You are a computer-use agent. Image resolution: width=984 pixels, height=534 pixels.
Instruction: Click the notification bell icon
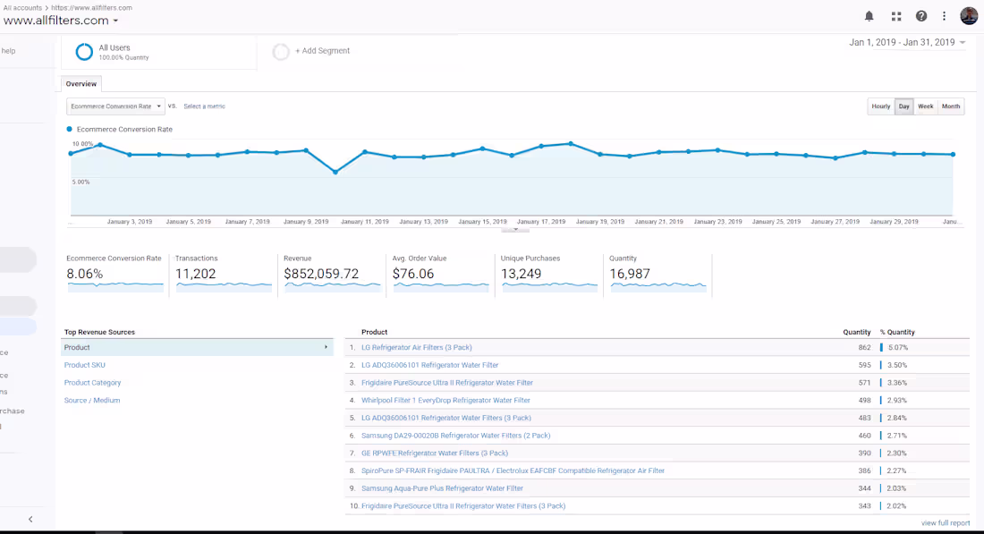point(869,16)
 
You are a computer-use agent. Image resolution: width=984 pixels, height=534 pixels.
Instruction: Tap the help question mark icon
point(921,16)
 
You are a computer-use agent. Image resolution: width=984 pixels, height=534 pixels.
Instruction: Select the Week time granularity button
point(925,106)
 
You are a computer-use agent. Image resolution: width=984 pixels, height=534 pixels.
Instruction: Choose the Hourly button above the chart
point(881,106)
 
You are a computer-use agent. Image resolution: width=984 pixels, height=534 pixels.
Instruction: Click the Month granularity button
point(951,106)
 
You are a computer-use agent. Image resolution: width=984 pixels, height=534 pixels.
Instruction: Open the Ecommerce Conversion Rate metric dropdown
point(115,106)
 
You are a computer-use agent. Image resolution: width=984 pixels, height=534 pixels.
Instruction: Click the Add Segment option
point(323,51)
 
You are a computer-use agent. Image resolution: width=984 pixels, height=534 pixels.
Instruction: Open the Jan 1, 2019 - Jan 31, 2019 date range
point(907,43)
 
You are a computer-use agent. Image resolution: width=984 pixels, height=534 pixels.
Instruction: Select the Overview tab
point(81,84)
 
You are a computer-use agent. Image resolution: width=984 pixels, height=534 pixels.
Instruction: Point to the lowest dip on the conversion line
point(335,172)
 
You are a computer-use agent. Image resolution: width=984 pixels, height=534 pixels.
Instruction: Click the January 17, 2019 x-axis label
point(541,222)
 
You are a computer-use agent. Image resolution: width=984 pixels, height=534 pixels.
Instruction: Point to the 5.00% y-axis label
point(81,182)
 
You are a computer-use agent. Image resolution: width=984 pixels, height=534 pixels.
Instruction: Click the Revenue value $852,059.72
point(321,275)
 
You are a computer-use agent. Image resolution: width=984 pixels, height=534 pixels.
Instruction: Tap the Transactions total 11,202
point(195,275)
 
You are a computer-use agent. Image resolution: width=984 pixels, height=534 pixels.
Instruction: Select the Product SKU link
point(85,365)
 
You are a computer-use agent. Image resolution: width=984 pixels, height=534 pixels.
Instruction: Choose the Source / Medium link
point(91,401)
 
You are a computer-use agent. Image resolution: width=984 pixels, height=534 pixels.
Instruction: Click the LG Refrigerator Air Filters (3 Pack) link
point(417,348)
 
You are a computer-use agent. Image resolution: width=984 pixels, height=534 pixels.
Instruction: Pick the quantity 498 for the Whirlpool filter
point(864,401)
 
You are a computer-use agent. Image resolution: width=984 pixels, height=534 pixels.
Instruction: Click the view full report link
point(946,523)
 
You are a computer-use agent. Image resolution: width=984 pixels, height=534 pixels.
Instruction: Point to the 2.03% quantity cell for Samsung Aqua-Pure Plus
point(897,488)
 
